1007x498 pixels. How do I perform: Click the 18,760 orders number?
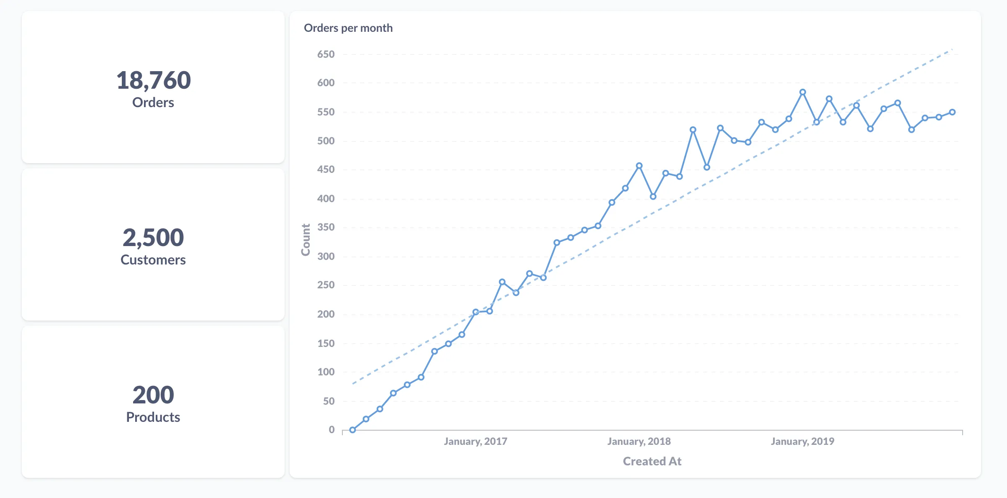(x=153, y=80)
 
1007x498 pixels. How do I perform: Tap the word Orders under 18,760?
(x=153, y=103)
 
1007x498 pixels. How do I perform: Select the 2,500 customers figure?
(x=153, y=237)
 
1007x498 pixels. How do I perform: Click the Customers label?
(x=153, y=260)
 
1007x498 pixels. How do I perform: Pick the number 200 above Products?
(x=153, y=395)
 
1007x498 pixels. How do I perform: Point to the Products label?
(x=153, y=417)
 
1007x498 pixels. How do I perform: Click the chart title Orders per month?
(x=348, y=28)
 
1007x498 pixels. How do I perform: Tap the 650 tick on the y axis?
(x=326, y=54)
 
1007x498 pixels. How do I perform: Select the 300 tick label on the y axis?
(x=326, y=257)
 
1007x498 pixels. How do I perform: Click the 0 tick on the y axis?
(x=331, y=430)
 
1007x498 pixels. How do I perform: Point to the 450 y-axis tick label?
(x=326, y=169)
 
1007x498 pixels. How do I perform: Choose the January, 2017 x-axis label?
(x=475, y=442)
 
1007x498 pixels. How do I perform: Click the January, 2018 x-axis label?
(x=639, y=442)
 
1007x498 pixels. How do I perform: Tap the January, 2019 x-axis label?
(x=803, y=442)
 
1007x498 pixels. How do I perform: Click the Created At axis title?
(x=652, y=461)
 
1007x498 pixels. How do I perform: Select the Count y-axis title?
(x=306, y=239)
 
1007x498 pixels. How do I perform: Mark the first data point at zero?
(x=352, y=430)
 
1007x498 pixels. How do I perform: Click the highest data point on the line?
(x=803, y=92)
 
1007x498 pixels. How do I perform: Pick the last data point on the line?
(x=952, y=112)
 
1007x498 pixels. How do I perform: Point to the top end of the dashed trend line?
(x=952, y=49)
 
